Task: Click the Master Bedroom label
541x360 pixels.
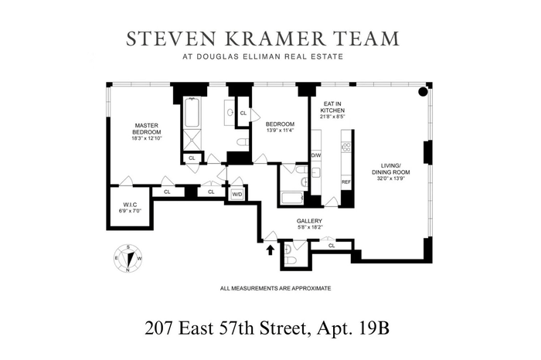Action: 147,128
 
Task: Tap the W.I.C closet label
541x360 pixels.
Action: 130,205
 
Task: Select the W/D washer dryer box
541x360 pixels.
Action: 237,195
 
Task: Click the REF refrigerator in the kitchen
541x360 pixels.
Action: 346,182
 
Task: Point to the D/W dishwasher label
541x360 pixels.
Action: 316,155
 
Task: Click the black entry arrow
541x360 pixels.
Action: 270,250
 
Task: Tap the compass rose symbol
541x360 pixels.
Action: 128,259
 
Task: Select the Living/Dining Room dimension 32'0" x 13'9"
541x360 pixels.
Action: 391,178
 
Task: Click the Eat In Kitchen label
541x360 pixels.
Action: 332,107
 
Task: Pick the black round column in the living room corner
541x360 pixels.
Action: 423,92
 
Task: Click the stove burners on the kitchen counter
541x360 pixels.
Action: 346,148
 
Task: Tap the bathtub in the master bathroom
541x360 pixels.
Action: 192,113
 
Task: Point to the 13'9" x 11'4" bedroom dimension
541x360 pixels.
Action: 280,131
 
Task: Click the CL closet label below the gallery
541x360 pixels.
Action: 332,246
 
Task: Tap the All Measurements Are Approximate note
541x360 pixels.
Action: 276,288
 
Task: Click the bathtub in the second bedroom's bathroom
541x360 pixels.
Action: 292,198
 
